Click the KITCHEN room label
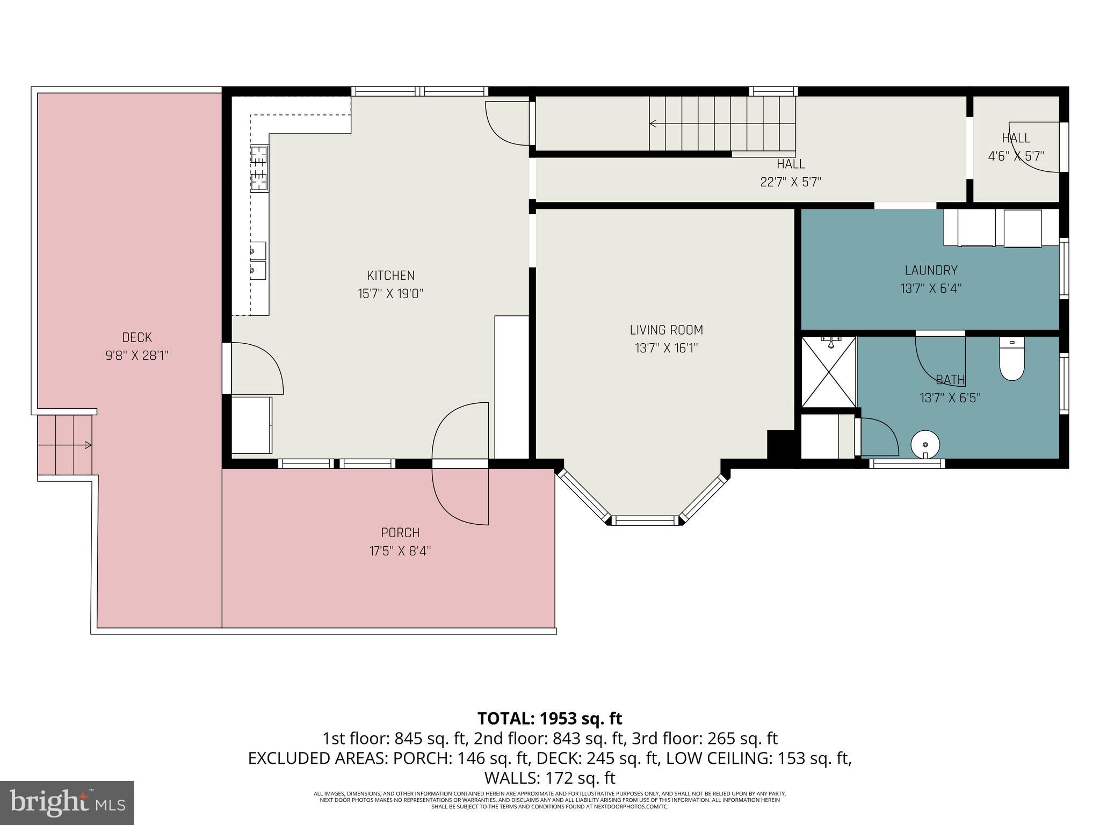point(390,276)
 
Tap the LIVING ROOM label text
point(666,330)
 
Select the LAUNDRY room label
point(930,270)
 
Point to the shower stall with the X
point(828,372)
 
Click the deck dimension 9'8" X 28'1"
point(137,356)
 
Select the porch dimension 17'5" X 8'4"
point(400,551)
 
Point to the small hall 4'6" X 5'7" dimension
point(1016,156)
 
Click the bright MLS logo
point(67,802)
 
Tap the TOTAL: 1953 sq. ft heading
point(549,718)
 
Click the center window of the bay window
point(645,520)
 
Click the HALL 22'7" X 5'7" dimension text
point(791,182)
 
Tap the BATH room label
point(950,380)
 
